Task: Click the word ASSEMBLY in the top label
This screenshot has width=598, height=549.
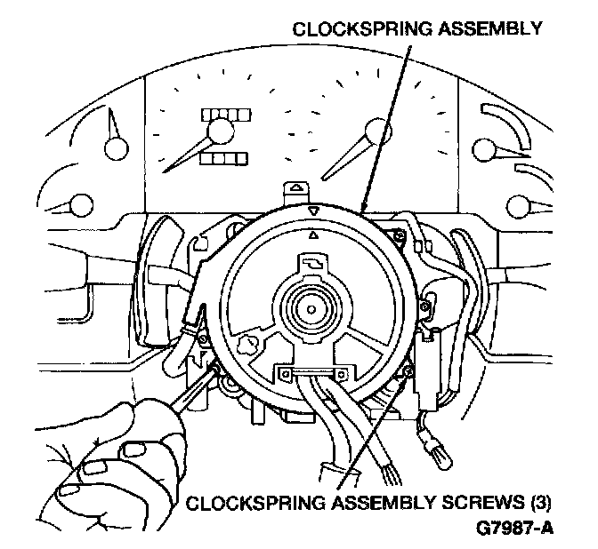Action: coord(489,29)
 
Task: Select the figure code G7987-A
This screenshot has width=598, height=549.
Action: coord(515,528)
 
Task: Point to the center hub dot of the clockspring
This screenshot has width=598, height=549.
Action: coord(311,309)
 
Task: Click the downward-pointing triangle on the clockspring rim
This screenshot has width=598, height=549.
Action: coord(313,211)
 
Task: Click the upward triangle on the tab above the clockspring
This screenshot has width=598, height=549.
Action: coord(296,187)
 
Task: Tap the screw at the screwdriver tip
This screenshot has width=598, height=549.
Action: coord(216,368)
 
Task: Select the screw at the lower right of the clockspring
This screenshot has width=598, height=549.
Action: coord(408,370)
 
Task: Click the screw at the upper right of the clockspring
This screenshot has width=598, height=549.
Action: coord(399,236)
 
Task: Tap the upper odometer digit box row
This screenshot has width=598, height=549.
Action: coord(226,115)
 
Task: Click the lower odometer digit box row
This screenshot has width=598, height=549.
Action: coord(224,159)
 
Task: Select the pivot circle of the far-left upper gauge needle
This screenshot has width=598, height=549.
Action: coord(117,147)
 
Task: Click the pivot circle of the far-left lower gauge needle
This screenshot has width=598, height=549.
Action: coord(82,205)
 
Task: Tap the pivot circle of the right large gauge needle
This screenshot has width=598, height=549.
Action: coord(378,131)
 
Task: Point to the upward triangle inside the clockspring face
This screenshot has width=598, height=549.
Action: coord(313,235)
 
